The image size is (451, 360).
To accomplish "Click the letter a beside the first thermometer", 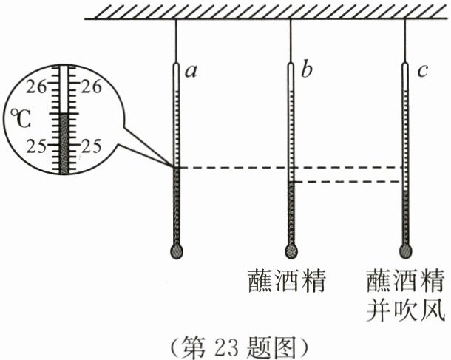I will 191,72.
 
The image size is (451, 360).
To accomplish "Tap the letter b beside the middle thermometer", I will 308,72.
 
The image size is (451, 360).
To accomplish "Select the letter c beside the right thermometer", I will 423,72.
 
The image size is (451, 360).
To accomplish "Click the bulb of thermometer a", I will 176,251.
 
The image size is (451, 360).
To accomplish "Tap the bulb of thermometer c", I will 406,251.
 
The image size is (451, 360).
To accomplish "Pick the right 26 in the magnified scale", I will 92,86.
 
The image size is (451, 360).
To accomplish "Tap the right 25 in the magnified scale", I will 92,146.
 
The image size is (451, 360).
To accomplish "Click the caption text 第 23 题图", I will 226,344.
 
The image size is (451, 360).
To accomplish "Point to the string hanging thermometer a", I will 176,41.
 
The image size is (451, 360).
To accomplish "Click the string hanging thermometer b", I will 291,41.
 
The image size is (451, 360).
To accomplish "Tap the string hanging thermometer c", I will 406,41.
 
